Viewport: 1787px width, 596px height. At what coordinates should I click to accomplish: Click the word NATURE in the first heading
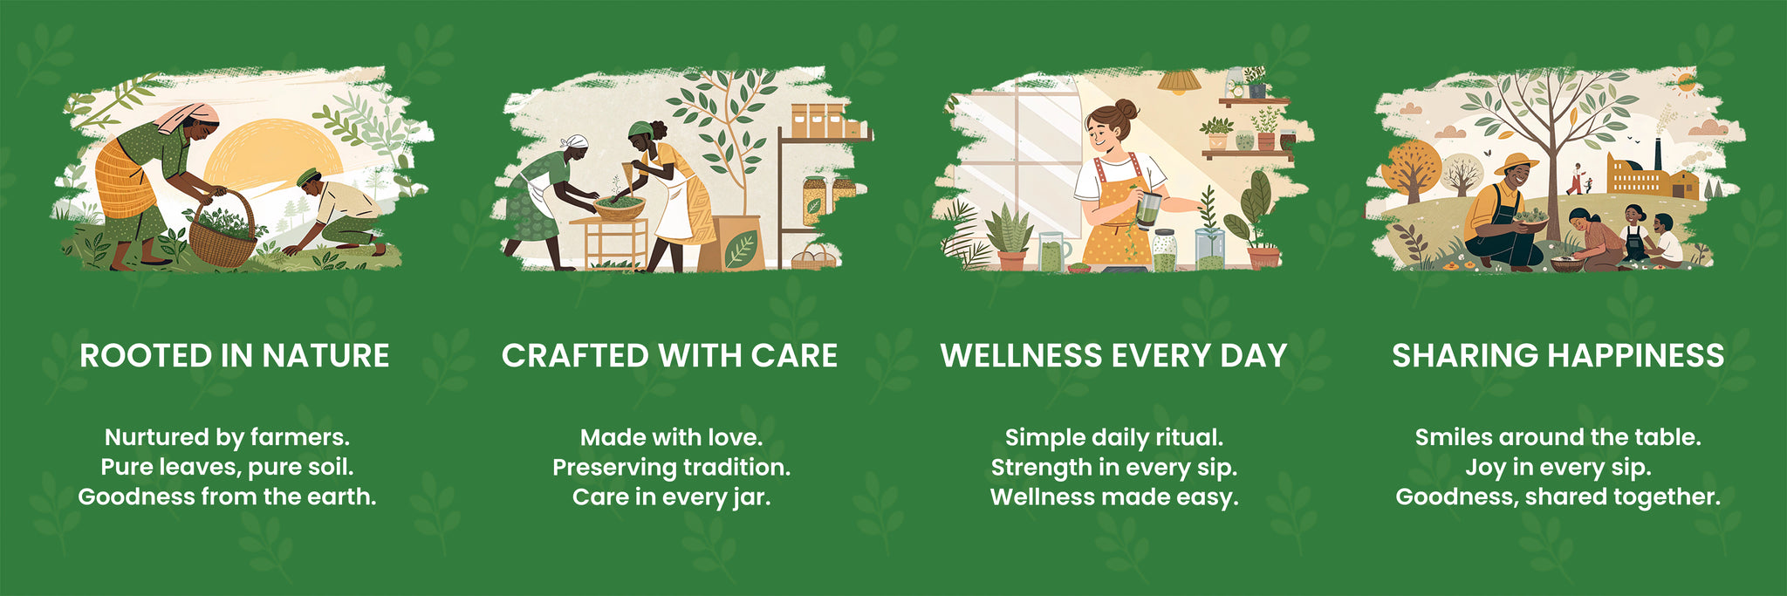(x=325, y=356)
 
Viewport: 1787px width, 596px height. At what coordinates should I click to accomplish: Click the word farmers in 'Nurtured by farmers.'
(x=300, y=437)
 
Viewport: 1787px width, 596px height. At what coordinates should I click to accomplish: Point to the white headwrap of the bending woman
(x=573, y=142)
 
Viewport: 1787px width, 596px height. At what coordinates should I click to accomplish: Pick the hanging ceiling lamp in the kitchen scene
(x=1179, y=82)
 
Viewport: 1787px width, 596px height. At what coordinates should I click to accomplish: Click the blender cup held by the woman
(x=1147, y=209)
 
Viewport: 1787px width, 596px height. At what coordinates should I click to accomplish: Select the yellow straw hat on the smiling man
(x=1516, y=163)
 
